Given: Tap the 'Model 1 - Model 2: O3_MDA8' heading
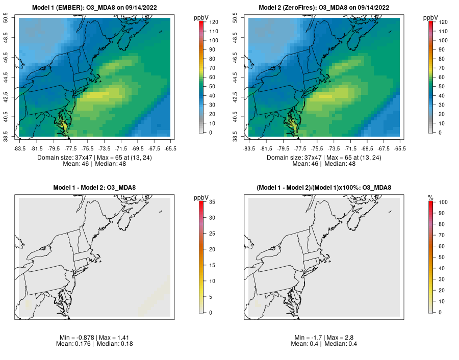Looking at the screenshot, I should (94, 188).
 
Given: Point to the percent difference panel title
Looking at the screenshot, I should (324, 188).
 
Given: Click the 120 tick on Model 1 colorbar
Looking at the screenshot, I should (213, 22).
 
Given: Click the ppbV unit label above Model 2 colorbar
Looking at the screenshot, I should (431, 18).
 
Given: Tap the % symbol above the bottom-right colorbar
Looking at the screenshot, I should (430, 197).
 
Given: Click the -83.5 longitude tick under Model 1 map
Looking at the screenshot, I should (19, 149).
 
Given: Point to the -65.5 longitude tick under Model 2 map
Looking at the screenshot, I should (400, 149).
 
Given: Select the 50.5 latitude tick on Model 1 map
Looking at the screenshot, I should (12, 18).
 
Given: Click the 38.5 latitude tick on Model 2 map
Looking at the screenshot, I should (242, 138).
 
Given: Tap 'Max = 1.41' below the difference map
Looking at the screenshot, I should (109, 338).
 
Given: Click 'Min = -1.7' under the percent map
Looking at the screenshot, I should (308, 338).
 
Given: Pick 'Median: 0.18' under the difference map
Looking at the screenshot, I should (113, 344).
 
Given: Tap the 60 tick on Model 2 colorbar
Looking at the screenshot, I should (441, 77).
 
